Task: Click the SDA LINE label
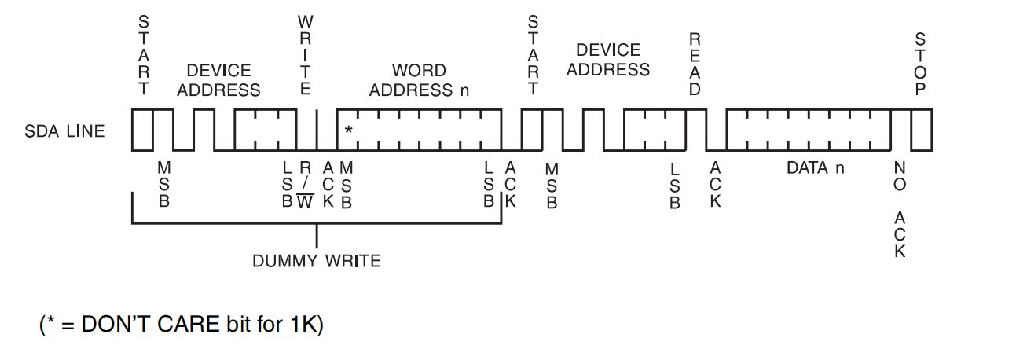point(64,131)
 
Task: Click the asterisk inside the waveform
point(348,130)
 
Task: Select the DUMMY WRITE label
point(316,260)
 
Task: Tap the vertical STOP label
point(921,64)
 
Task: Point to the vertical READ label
point(695,64)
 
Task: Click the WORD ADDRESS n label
point(419,80)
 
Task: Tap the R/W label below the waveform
point(306,186)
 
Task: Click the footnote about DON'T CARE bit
point(182,325)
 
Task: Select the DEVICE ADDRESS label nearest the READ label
point(608,60)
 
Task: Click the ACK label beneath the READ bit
point(715,186)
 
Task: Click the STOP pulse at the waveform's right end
point(921,130)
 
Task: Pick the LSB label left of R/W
point(287,186)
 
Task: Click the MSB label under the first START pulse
point(164,186)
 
